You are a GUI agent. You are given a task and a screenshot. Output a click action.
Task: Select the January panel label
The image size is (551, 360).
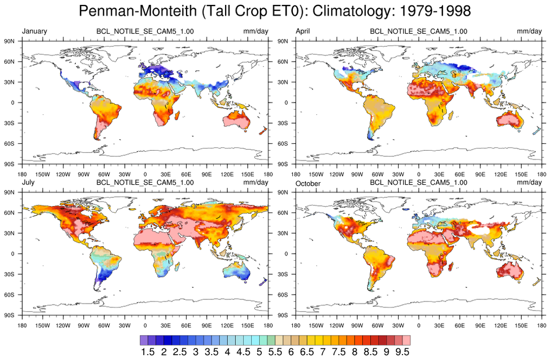[x=34, y=31]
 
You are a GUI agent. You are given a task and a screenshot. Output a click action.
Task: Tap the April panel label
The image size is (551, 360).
[x=303, y=31]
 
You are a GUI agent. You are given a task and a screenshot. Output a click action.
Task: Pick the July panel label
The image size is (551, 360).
[x=29, y=183]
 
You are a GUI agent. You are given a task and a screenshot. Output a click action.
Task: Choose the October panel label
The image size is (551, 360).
[x=307, y=183]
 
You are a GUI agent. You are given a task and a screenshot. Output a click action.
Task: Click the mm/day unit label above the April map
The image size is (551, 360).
[x=529, y=31]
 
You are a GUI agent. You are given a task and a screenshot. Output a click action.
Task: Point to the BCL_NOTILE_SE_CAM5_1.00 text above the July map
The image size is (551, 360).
[x=145, y=183]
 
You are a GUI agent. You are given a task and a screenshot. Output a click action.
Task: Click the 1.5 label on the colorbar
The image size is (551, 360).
[x=148, y=352]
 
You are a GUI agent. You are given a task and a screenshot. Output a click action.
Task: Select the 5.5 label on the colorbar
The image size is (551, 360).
[x=275, y=352]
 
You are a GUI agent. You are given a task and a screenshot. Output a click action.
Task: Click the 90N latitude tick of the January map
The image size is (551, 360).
[x=9, y=41]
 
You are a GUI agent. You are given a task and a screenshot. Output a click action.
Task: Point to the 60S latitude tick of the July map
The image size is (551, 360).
[x=9, y=294]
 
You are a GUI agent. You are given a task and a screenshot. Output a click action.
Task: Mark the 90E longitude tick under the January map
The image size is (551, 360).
[x=207, y=175]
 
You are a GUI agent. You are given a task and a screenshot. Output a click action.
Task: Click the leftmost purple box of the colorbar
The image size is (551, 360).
[x=144, y=340]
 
